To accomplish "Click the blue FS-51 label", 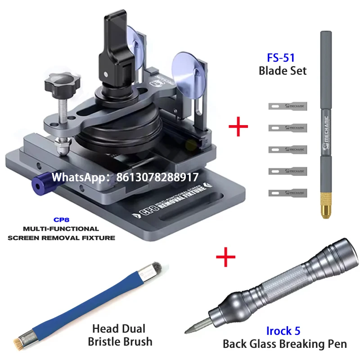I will [x=282, y=58].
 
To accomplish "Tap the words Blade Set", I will [x=282, y=71].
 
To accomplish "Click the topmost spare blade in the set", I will [x=287, y=107].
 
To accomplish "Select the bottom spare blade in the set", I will [x=287, y=193].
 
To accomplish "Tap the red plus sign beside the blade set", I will [x=238, y=127].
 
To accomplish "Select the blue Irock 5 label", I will [x=283, y=331].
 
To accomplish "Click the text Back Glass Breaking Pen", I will [x=284, y=344].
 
